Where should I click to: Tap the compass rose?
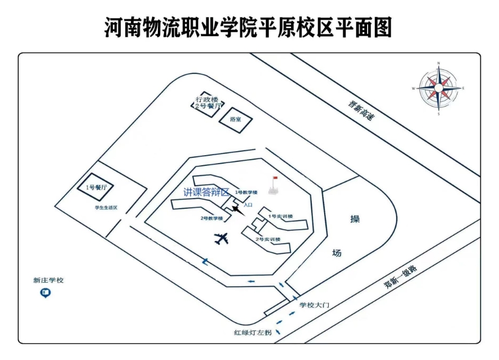(438, 87)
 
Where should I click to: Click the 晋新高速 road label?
(361, 110)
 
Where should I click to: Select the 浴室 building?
(236, 120)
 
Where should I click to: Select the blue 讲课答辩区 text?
(207, 192)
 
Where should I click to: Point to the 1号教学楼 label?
(246, 192)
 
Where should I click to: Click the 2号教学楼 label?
(211, 218)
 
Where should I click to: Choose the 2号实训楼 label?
(268, 239)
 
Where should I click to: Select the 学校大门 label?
(314, 305)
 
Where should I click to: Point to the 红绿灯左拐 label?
(253, 333)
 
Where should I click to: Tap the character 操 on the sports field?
(355, 219)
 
